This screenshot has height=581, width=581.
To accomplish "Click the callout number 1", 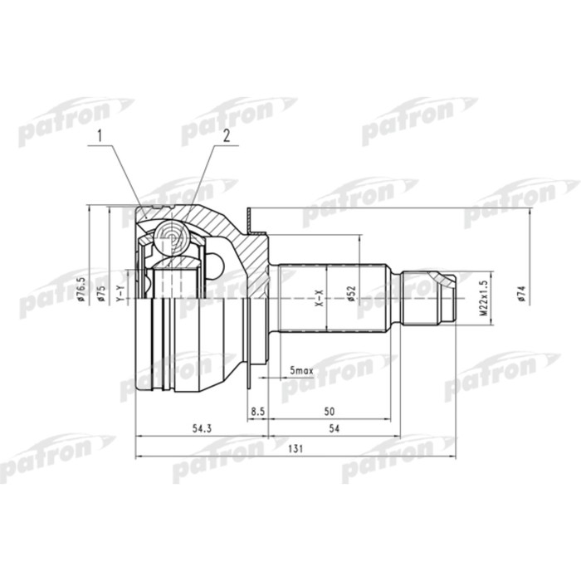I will (x=100, y=134).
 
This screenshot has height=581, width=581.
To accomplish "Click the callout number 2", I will (x=223, y=134).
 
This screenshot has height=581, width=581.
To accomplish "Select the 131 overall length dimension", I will (x=294, y=449).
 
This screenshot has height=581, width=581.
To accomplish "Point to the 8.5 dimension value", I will (x=257, y=411).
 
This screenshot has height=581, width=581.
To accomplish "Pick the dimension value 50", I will (x=330, y=411).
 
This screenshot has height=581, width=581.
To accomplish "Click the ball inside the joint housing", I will (x=172, y=238).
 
